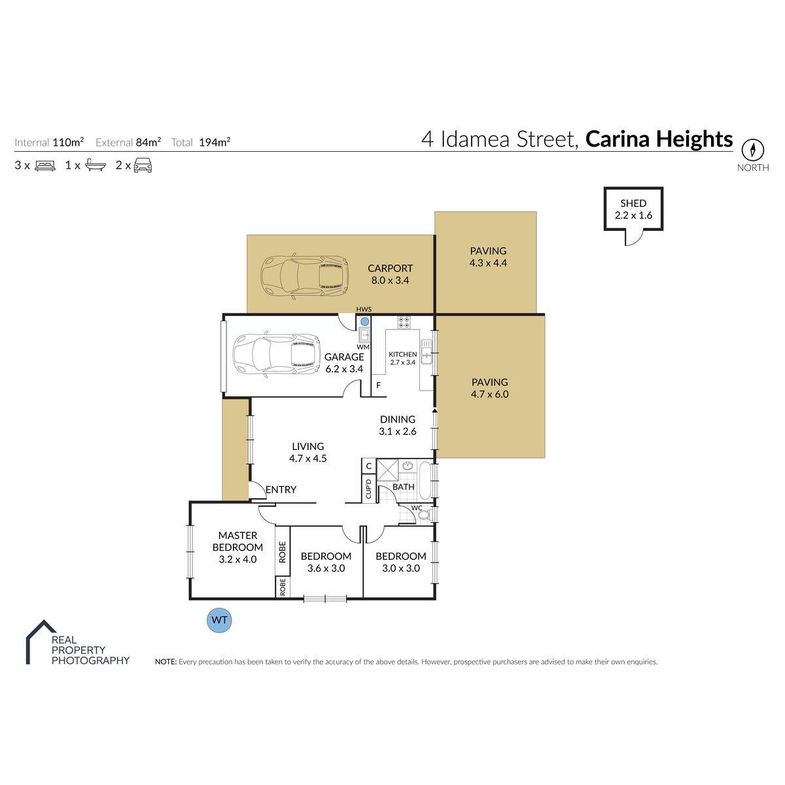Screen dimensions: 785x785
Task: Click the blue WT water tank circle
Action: coord(220,620)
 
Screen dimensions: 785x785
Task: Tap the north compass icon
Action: coord(752,150)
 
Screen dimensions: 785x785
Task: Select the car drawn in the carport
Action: coord(304,276)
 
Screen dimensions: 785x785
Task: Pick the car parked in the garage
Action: coord(277,353)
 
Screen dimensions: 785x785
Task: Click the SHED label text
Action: coord(633,203)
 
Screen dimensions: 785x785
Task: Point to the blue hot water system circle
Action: coord(364,321)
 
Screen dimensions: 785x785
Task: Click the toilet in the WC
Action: coord(425,515)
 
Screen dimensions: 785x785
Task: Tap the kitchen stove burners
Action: coord(404,323)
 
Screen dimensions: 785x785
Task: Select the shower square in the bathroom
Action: coord(388,470)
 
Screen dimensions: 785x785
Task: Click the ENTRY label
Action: coord(281,489)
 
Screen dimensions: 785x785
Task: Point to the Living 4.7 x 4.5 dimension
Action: coord(308,459)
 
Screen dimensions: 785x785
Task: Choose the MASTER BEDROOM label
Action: coord(237,541)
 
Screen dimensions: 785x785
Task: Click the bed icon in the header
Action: coord(45,166)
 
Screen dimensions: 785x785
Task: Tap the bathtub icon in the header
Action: coord(96,165)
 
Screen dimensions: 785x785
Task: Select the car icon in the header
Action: coord(143,166)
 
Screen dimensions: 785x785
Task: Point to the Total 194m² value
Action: coord(215,142)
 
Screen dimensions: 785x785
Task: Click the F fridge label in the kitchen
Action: coord(379,385)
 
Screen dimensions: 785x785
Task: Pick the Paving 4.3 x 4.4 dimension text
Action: coord(488,263)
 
